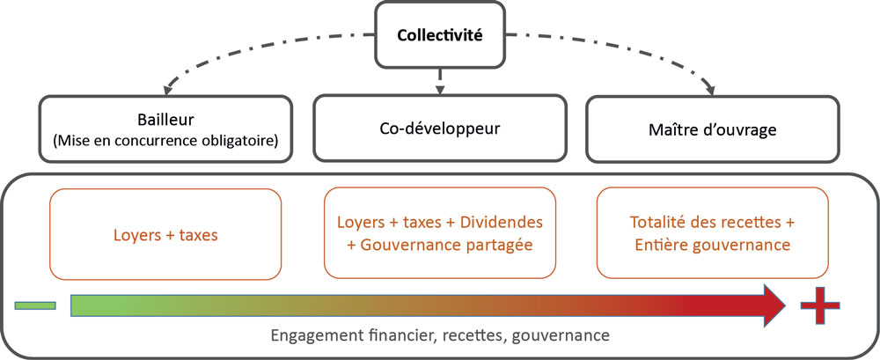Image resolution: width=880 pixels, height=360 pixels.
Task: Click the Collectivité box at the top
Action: tap(439, 35)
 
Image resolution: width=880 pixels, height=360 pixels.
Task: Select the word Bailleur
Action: tap(165, 121)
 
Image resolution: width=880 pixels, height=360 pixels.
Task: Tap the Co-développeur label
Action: tap(439, 128)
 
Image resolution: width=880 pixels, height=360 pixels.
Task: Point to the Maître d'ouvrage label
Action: tap(712, 130)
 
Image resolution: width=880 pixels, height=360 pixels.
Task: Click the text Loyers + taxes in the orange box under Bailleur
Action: tap(165, 234)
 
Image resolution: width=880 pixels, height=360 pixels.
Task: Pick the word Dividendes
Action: tap(502, 222)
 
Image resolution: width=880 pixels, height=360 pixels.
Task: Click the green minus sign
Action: tap(35, 305)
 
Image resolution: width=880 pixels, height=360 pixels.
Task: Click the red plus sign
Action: tap(820, 305)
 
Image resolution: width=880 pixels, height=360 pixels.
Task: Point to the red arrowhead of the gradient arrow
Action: tap(775, 305)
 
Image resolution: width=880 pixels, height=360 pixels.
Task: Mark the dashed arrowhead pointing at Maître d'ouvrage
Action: tap(712, 88)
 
